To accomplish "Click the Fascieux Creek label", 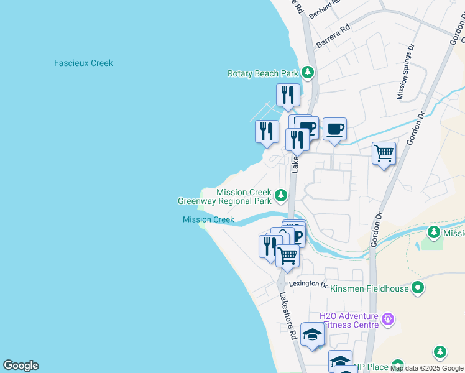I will click(x=83, y=63).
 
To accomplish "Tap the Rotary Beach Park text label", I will click(x=262, y=73).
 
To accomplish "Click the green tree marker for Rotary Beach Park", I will click(x=307, y=73).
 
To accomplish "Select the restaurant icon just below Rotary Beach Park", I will click(x=287, y=95).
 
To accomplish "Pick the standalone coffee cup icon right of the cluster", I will click(x=334, y=129).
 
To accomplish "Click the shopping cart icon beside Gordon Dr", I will click(x=384, y=152).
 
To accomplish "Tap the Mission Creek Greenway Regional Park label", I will click(x=224, y=197).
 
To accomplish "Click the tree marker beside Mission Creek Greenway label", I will click(x=281, y=196).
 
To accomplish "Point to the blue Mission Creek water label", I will click(x=208, y=219).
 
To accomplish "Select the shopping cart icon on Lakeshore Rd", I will click(x=287, y=255).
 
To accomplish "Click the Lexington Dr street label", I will click(x=307, y=284).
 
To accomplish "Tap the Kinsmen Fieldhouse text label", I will click(x=369, y=288).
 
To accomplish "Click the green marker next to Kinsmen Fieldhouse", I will click(x=418, y=288).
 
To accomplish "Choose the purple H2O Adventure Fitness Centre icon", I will click(x=388, y=320).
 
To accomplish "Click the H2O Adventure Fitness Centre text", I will click(x=349, y=320).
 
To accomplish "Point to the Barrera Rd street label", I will click(x=333, y=37).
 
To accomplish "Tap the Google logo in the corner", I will click(x=21, y=366).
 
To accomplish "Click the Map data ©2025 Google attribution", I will click(x=427, y=368).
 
